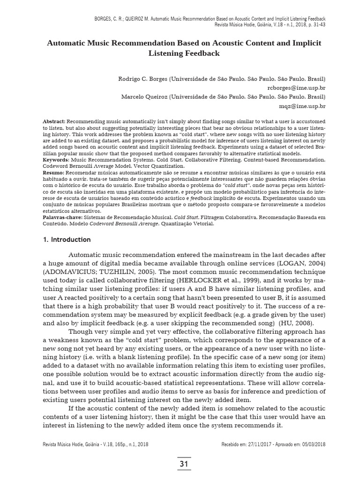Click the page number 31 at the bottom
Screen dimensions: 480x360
184,464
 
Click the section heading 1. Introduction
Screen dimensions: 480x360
64,240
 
